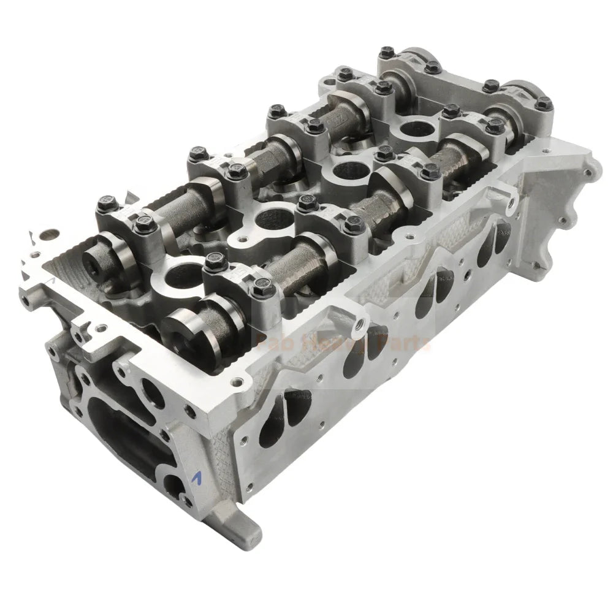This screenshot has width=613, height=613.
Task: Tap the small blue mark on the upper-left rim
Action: coord(54,278)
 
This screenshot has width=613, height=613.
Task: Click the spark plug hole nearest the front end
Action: coord(181,274)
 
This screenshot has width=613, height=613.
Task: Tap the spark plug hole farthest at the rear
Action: coord(416,127)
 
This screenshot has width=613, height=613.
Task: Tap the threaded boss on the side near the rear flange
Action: coord(503,197)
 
